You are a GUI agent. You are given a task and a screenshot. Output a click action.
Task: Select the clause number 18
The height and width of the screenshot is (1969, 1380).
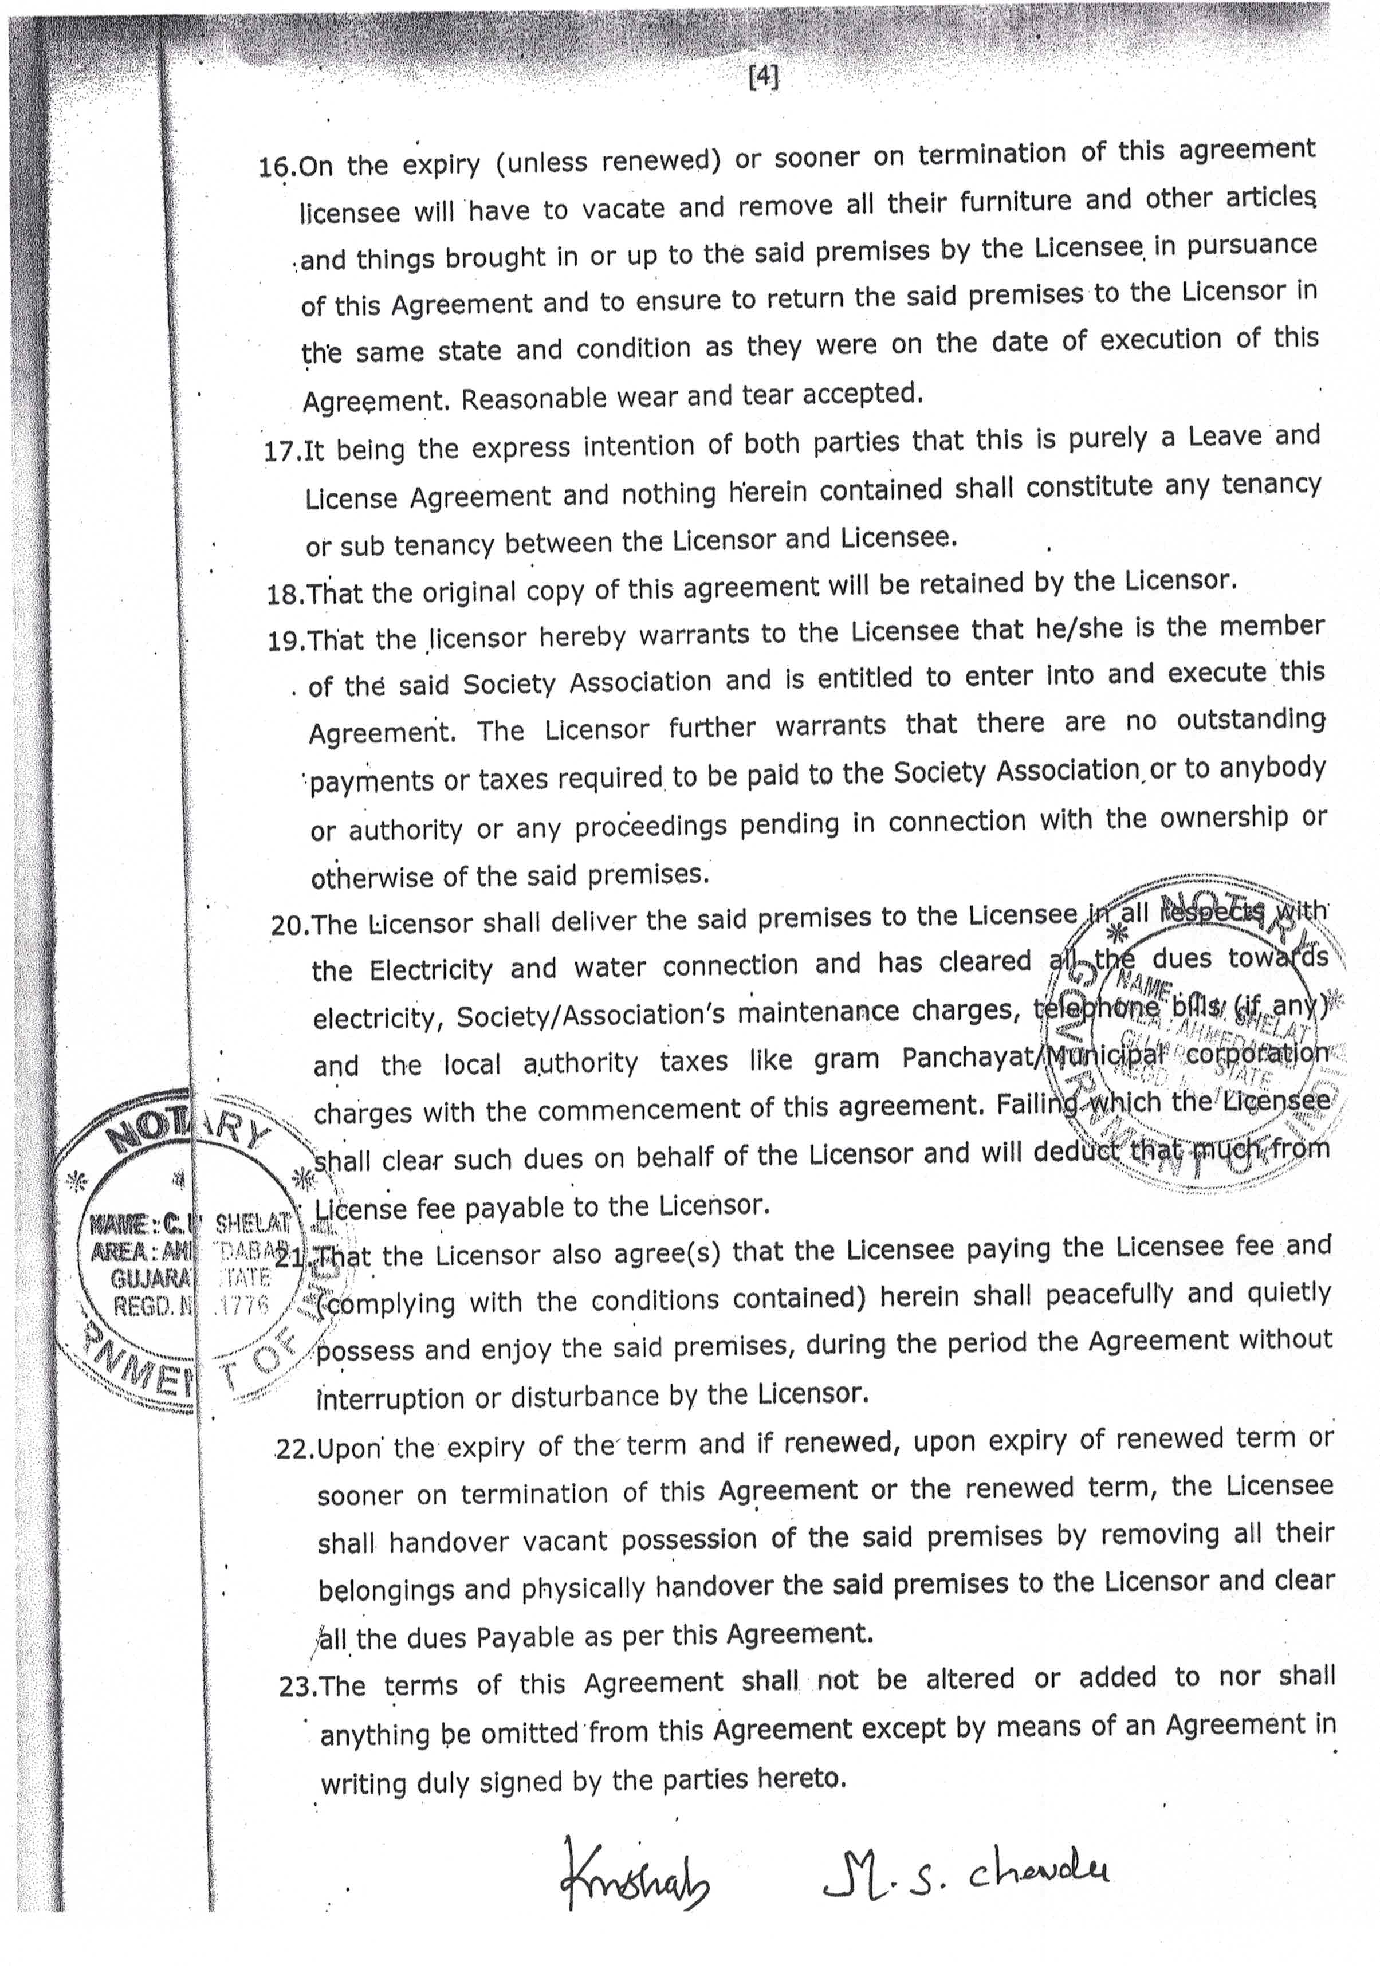[285, 594]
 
